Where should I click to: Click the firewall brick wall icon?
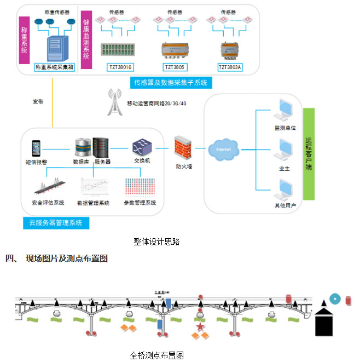pyautogui.click(x=182, y=147)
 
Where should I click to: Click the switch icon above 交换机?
pyautogui.click(x=141, y=147)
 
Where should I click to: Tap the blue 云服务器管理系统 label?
pyautogui.click(x=56, y=223)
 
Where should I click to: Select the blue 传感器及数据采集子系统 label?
pyautogui.click(x=171, y=83)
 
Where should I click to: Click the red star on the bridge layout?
pyautogui.click(x=200, y=327)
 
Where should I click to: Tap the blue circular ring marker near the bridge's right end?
pyautogui.click(x=334, y=299)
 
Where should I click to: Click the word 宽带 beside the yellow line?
pyautogui.click(x=38, y=101)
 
